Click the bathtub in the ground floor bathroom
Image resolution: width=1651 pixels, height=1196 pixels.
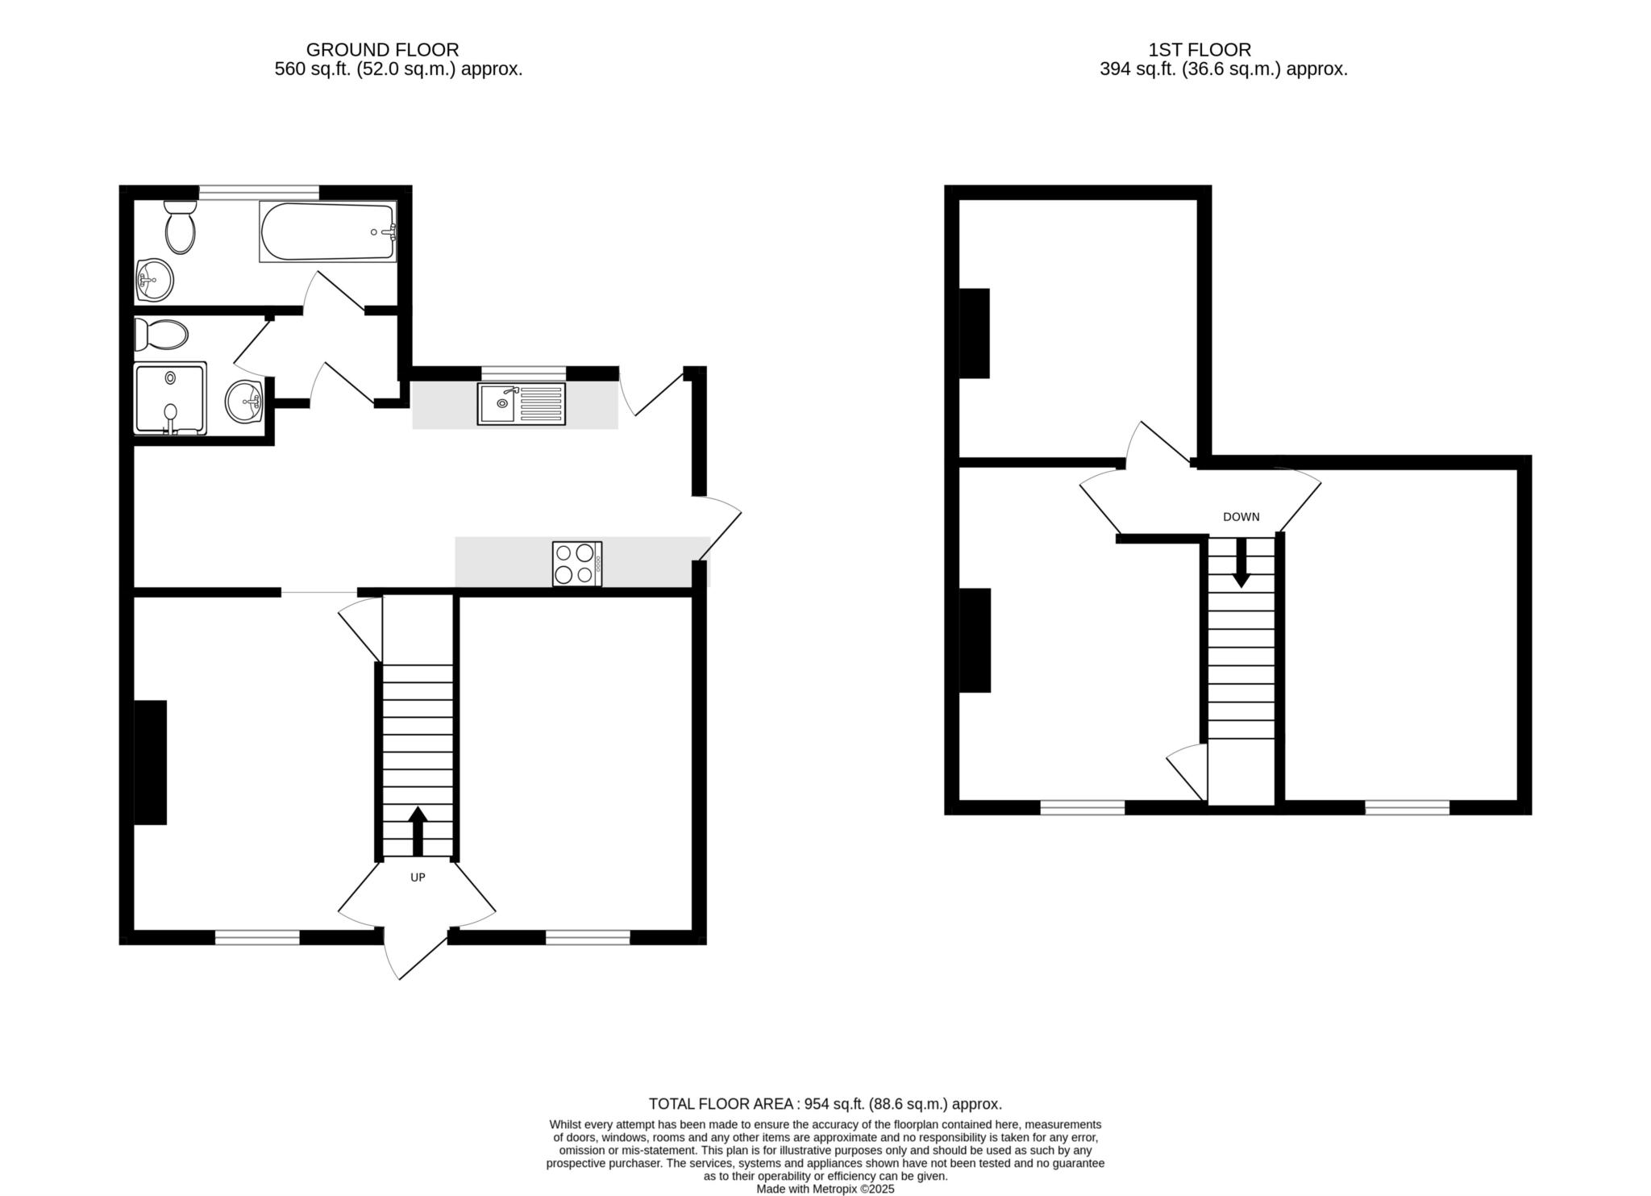click(x=327, y=231)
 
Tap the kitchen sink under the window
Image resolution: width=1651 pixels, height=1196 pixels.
click(x=521, y=404)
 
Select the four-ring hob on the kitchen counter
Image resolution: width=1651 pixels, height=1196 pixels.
click(x=576, y=563)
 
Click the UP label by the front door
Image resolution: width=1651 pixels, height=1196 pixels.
click(x=418, y=877)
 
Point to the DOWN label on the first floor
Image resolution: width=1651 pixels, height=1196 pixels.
click(x=1241, y=517)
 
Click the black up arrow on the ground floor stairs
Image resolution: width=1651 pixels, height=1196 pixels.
click(x=418, y=831)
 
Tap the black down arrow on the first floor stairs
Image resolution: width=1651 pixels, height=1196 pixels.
click(x=1241, y=561)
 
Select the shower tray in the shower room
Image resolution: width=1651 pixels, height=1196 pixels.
click(x=170, y=398)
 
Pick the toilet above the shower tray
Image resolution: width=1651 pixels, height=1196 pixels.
click(x=161, y=334)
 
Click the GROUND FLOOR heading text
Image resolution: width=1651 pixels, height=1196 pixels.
click(x=382, y=50)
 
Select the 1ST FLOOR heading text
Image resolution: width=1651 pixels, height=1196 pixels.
click(x=1199, y=50)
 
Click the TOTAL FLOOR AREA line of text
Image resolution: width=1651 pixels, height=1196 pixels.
click(x=825, y=1104)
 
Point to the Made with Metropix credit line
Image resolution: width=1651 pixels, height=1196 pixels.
click(x=825, y=1189)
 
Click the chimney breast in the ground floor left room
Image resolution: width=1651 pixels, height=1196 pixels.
click(x=150, y=762)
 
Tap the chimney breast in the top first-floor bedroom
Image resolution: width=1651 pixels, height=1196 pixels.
click(x=974, y=333)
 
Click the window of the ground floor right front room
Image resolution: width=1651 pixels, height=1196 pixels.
click(x=587, y=937)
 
